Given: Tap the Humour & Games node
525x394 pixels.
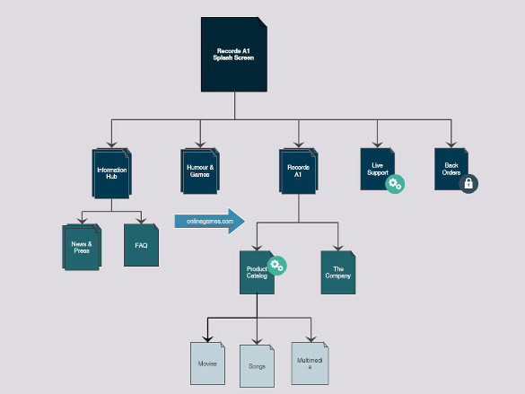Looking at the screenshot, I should (199, 171).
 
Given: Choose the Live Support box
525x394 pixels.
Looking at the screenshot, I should (377, 168).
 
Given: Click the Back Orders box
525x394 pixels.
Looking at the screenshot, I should (451, 168).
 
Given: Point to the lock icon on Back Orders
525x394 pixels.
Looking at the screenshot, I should (468, 183).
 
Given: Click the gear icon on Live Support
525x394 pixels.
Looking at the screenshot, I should (394, 183).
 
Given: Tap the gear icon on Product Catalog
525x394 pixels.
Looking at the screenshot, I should (276, 264).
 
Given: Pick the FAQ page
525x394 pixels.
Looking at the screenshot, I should (141, 244).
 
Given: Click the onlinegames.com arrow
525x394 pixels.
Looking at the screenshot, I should (210, 221).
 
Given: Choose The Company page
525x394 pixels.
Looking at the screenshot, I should (338, 272).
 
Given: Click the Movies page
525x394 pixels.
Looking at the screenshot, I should (208, 363).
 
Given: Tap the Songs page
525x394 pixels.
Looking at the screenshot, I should (258, 365).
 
